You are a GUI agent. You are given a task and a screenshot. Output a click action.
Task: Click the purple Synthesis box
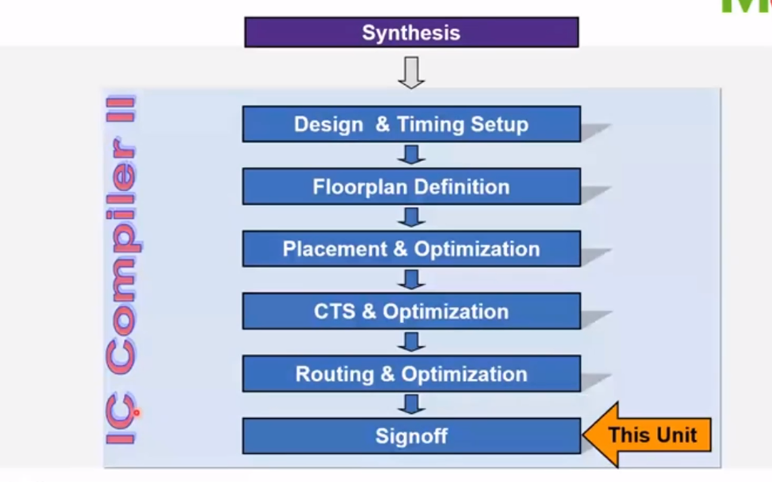(x=411, y=32)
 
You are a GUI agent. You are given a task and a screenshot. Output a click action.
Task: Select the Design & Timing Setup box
(x=411, y=124)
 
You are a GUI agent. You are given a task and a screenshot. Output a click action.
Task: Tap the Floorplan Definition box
(x=411, y=187)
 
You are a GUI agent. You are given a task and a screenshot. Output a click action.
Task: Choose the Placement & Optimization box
(x=411, y=249)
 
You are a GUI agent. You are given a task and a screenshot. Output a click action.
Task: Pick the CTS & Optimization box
(x=411, y=311)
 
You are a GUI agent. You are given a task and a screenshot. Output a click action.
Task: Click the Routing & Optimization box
(x=411, y=374)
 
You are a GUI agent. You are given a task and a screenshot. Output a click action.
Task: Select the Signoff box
(x=411, y=436)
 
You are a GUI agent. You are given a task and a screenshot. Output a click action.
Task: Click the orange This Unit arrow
(x=648, y=435)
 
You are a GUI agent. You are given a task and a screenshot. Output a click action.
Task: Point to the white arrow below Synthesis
(x=411, y=72)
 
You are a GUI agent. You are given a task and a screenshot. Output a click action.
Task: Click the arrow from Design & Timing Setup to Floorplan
(x=411, y=155)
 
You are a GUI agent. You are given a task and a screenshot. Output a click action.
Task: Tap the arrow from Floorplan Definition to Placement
(x=411, y=217)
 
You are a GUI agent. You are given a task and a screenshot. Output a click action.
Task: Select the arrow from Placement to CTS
(x=411, y=280)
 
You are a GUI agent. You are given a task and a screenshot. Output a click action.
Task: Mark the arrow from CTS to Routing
(x=411, y=342)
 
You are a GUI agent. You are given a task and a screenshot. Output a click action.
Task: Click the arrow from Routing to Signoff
(x=411, y=404)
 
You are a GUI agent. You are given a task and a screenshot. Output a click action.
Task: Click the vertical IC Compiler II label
(x=121, y=269)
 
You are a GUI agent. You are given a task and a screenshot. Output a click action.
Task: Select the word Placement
(x=335, y=249)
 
